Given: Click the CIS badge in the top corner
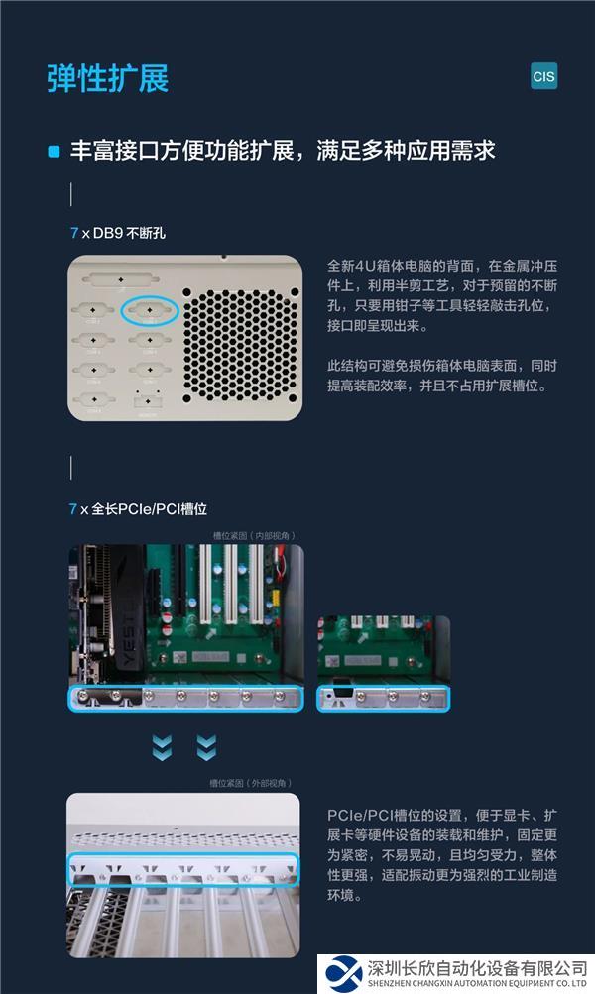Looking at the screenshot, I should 543,76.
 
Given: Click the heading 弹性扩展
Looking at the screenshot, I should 107,78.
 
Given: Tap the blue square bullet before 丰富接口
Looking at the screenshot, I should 55,152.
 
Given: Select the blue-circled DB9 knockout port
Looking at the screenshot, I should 150,312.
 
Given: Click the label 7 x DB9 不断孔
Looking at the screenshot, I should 117,233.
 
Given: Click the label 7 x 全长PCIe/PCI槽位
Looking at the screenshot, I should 138,508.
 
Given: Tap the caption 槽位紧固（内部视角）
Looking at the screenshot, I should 254,536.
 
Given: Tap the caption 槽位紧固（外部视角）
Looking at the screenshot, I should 254,783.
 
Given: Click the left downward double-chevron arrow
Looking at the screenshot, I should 162,747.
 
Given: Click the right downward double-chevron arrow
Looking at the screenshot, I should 206,747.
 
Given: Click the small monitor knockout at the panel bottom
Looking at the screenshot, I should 147,400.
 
